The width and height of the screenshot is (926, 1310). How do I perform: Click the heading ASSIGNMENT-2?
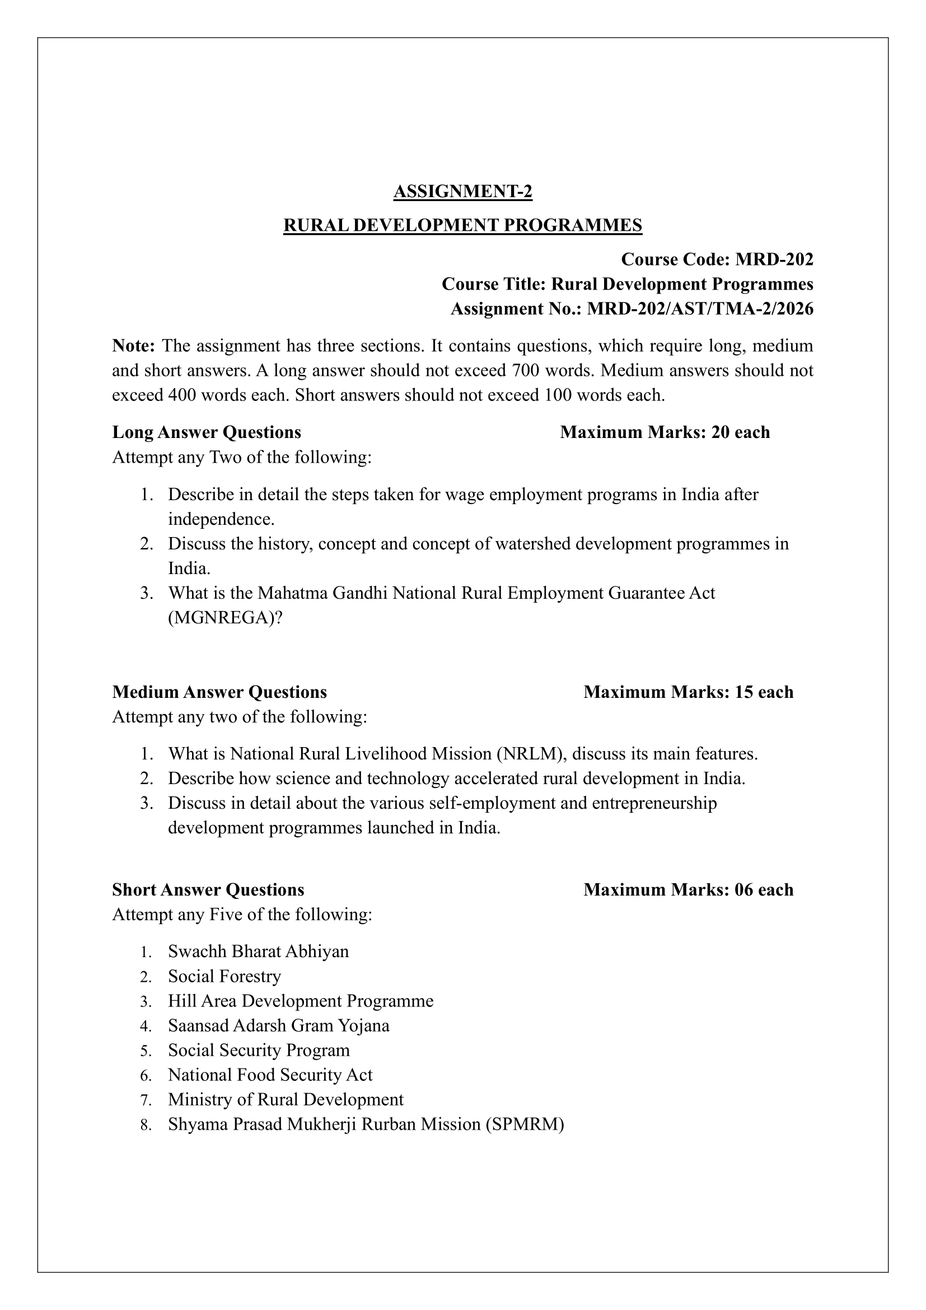(x=462, y=192)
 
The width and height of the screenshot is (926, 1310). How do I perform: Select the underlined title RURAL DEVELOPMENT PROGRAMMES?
(x=462, y=225)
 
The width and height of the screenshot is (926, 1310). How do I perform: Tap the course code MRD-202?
(x=774, y=260)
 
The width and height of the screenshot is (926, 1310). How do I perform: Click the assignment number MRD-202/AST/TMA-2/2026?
(x=700, y=309)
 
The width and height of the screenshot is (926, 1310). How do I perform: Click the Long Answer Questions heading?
(x=207, y=432)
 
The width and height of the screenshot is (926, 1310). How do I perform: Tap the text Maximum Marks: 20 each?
(x=665, y=432)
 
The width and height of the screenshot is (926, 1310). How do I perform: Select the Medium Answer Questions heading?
(x=219, y=692)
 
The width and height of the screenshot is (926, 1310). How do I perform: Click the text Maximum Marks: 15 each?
(x=688, y=692)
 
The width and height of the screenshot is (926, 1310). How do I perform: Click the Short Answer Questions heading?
(x=208, y=889)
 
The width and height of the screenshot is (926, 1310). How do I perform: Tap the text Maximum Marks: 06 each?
(x=688, y=889)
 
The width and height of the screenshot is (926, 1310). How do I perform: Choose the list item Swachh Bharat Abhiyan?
(x=258, y=952)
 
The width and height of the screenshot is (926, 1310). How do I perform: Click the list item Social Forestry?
(x=225, y=976)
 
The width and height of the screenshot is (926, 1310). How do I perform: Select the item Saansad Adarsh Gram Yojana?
(x=279, y=1025)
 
